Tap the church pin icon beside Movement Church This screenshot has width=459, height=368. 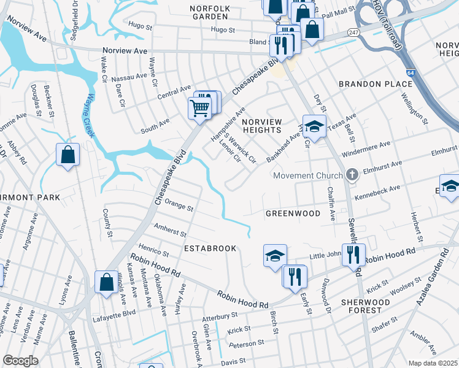pyautogui.click(x=352, y=175)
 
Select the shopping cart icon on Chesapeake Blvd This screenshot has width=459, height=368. pyautogui.click(x=200, y=109)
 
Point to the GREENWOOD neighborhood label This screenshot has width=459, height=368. pyautogui.click(x=293, y=213)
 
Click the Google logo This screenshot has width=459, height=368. pyautogui.click(x=20, y=361)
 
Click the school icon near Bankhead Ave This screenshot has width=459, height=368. pyautogui.click(x=314, y=127)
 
